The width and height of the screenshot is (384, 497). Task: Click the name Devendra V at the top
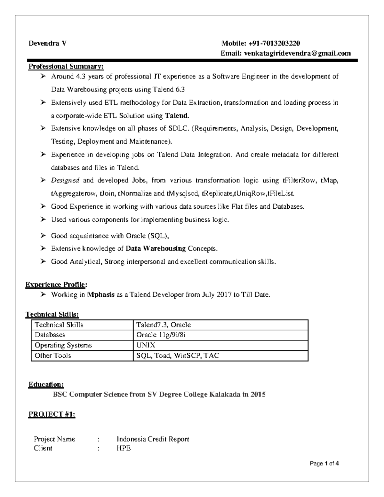point(48,43)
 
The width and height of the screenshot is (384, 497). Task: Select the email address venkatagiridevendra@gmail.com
point(297,53)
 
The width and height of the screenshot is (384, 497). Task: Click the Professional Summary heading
point(66,67)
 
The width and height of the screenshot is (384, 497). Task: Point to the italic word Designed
point(65,180)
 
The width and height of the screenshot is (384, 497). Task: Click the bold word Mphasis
point(101,295)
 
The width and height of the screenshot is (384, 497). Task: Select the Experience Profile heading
point(56,285)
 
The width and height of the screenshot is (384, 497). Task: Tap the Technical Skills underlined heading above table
point(52,315)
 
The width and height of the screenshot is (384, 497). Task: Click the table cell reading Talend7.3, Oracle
point(164,325)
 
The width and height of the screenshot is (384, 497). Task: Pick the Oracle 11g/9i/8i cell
point(161,335)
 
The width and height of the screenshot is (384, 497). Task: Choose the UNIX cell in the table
point(146,345)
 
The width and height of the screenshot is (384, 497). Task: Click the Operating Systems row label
point(63,345)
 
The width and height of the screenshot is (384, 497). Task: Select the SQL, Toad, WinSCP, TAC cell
point(178,356)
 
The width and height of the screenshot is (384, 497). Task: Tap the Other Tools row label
point(53,356)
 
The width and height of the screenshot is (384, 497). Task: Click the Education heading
point(46,384)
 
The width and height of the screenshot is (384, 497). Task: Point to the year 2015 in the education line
point(258,394)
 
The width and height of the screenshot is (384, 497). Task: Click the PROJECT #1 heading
point(52,414)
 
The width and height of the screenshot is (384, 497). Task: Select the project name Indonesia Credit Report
point(153,439)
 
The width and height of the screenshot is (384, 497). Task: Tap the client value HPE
point(124,448)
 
